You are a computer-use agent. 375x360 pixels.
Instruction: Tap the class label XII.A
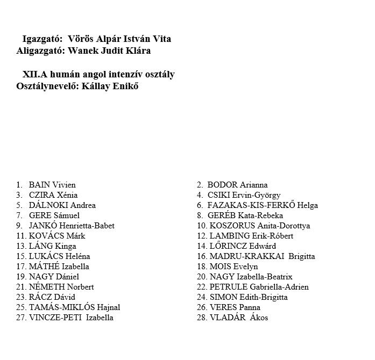[36, 75]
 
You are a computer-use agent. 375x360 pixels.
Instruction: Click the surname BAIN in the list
[39, 185]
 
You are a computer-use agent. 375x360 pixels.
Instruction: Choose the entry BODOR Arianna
[237, 185]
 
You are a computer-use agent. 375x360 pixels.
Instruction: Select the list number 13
[21, 246]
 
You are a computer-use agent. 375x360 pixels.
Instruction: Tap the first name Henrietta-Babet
[87, 226]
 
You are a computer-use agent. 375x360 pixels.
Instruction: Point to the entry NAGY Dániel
[54, 277]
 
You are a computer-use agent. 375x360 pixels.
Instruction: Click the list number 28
[201, 318]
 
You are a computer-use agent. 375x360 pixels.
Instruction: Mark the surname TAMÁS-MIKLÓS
[60, 307]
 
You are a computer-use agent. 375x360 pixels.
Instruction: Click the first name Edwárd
[259, 246]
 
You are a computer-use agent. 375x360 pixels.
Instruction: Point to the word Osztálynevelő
[46, 86]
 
